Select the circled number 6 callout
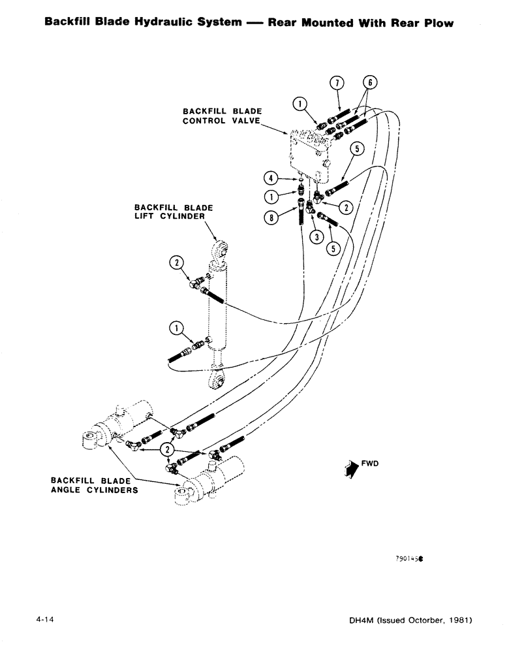(x=370, y=84)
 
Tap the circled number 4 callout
(x=270, y=177)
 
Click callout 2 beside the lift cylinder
(x=176, y=264)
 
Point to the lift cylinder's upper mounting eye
(x=220, y=250)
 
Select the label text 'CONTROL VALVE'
(x=221, y=121)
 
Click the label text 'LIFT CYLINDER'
(x=169, y=216)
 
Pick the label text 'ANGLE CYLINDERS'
(x=94, y=491)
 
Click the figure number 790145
(x=409, y=560)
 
